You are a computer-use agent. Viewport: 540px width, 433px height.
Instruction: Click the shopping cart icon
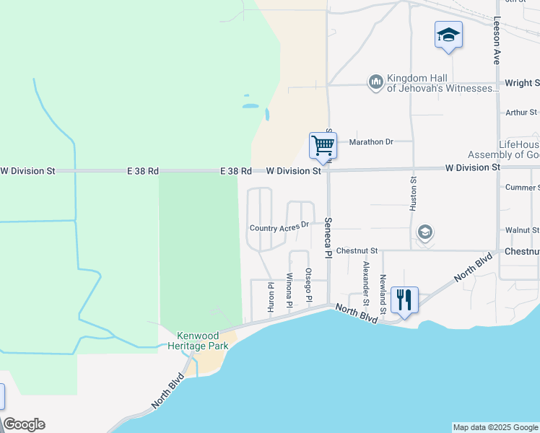point(323,146)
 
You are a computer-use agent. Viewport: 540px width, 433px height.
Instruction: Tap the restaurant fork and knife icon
point(404,299)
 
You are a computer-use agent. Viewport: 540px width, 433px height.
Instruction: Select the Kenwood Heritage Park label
point(204,341)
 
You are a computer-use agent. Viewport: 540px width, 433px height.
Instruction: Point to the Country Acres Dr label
point(279,227)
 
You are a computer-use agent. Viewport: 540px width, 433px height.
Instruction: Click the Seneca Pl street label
point(328,237)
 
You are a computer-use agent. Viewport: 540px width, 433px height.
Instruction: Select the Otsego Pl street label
point(308,284)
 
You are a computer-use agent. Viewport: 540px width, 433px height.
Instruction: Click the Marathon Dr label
point(370,141)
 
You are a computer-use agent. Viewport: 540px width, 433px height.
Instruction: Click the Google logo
point(24,424)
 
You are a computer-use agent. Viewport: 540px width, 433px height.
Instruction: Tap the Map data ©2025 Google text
point(495,427)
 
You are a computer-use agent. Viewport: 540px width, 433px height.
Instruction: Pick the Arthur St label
point(521,113)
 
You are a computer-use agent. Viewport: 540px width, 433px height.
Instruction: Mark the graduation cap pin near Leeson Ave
point(448,35)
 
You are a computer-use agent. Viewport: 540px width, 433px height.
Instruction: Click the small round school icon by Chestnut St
point(425,232)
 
